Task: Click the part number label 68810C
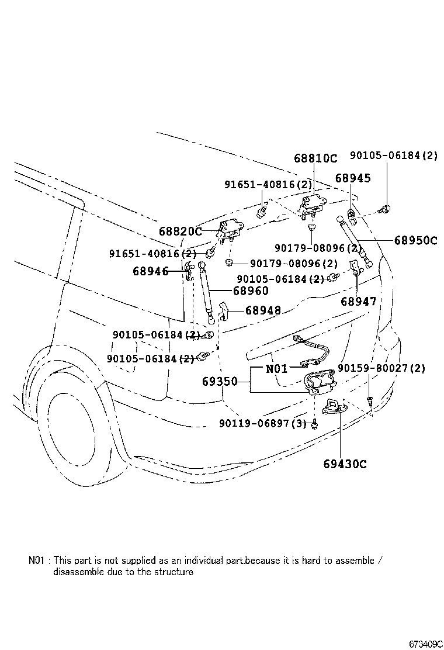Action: [315, 158]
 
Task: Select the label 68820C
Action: [181, 231]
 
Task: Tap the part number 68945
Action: [353, 178]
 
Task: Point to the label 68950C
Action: [415, 240]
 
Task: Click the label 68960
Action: [251, 291]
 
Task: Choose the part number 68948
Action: [263, 310]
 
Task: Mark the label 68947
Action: [359, 301]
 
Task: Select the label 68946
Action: [151, 271]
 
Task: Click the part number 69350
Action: [220, 381]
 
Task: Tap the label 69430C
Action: [345, 464]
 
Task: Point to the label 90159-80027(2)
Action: [381, 368]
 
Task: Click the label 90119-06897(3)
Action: [262, 423]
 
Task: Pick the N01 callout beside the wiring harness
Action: [276, 368]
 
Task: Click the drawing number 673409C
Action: [426, 644]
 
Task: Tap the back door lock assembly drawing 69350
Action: [319, 381]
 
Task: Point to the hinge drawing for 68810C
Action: [313, 205]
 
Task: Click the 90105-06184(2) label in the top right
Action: [394, 155]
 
